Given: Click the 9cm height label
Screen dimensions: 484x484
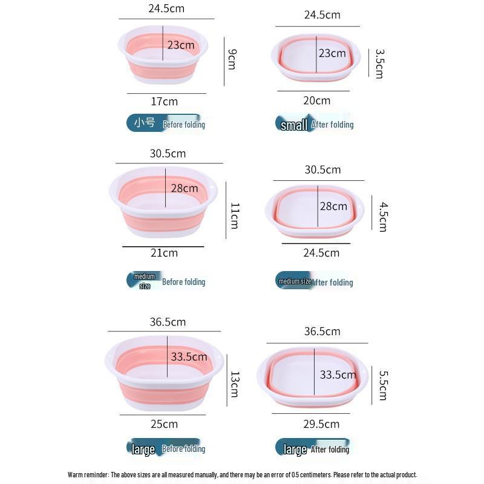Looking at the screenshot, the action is point(232,59).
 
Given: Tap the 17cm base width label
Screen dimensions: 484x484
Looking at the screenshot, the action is point(164,102).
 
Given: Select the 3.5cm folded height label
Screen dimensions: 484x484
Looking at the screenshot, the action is point(379,64).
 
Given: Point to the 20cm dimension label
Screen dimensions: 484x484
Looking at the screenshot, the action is point(316,100).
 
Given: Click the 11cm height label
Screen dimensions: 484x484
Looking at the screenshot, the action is point(235,216).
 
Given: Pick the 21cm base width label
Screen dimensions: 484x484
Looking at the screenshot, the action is point(164,253).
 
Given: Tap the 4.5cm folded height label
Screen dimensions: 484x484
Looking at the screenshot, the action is point(383,217).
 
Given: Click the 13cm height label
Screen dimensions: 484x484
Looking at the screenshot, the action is point(235,384).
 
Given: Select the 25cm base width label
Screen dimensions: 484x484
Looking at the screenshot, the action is point(164,424).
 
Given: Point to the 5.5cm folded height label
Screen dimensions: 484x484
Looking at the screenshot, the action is point(383,385).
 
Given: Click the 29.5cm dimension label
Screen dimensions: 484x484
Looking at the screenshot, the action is point(321,424).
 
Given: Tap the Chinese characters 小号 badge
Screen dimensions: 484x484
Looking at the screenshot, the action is point(145,123).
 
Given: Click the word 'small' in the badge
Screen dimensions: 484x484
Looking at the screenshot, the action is point(294,125).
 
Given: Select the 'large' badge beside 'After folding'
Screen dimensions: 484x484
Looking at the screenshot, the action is point(295,450).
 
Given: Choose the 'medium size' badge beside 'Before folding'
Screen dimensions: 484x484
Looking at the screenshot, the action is point(145,281).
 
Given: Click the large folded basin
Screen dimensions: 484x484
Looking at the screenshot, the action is point(312,377).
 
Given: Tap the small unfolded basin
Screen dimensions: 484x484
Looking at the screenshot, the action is point(163,54).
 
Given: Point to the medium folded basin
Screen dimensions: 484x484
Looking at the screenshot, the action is point(315,211).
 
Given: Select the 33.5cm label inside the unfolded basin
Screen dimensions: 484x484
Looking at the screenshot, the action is point(189,357).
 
